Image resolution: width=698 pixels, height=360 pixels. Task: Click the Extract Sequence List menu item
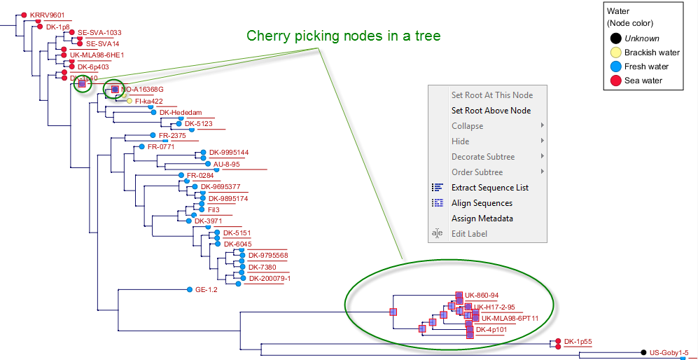point(489,188)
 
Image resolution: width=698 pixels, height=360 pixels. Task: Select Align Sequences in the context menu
point(482,203)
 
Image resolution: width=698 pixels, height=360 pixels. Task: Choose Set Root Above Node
point(491,111)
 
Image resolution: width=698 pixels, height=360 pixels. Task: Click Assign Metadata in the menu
point(482,219)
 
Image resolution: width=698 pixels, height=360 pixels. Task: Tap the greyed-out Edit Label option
point(469,234)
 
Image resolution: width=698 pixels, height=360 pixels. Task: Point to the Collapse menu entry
point(467,126)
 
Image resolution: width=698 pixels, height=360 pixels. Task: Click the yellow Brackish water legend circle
point(615,53)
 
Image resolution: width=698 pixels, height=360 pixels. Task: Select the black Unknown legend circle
point(615,39)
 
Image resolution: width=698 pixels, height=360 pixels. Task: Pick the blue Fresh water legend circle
point(615,67)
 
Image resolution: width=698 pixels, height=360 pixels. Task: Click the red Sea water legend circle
point(615,81)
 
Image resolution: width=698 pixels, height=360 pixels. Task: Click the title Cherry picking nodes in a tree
point(343,36)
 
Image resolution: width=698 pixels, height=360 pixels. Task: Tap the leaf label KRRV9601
point(47,15)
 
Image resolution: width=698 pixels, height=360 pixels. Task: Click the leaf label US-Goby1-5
point(669,353)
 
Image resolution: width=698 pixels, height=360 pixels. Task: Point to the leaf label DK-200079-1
point(270,278)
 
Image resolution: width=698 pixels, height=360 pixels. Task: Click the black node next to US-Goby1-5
point(643,353)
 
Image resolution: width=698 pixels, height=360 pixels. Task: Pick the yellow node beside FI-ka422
point(130,101)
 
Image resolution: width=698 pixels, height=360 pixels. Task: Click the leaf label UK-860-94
point(482,296)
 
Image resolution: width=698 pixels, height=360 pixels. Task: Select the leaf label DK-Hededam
point(181,113)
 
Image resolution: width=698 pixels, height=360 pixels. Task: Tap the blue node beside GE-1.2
point(190,289)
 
